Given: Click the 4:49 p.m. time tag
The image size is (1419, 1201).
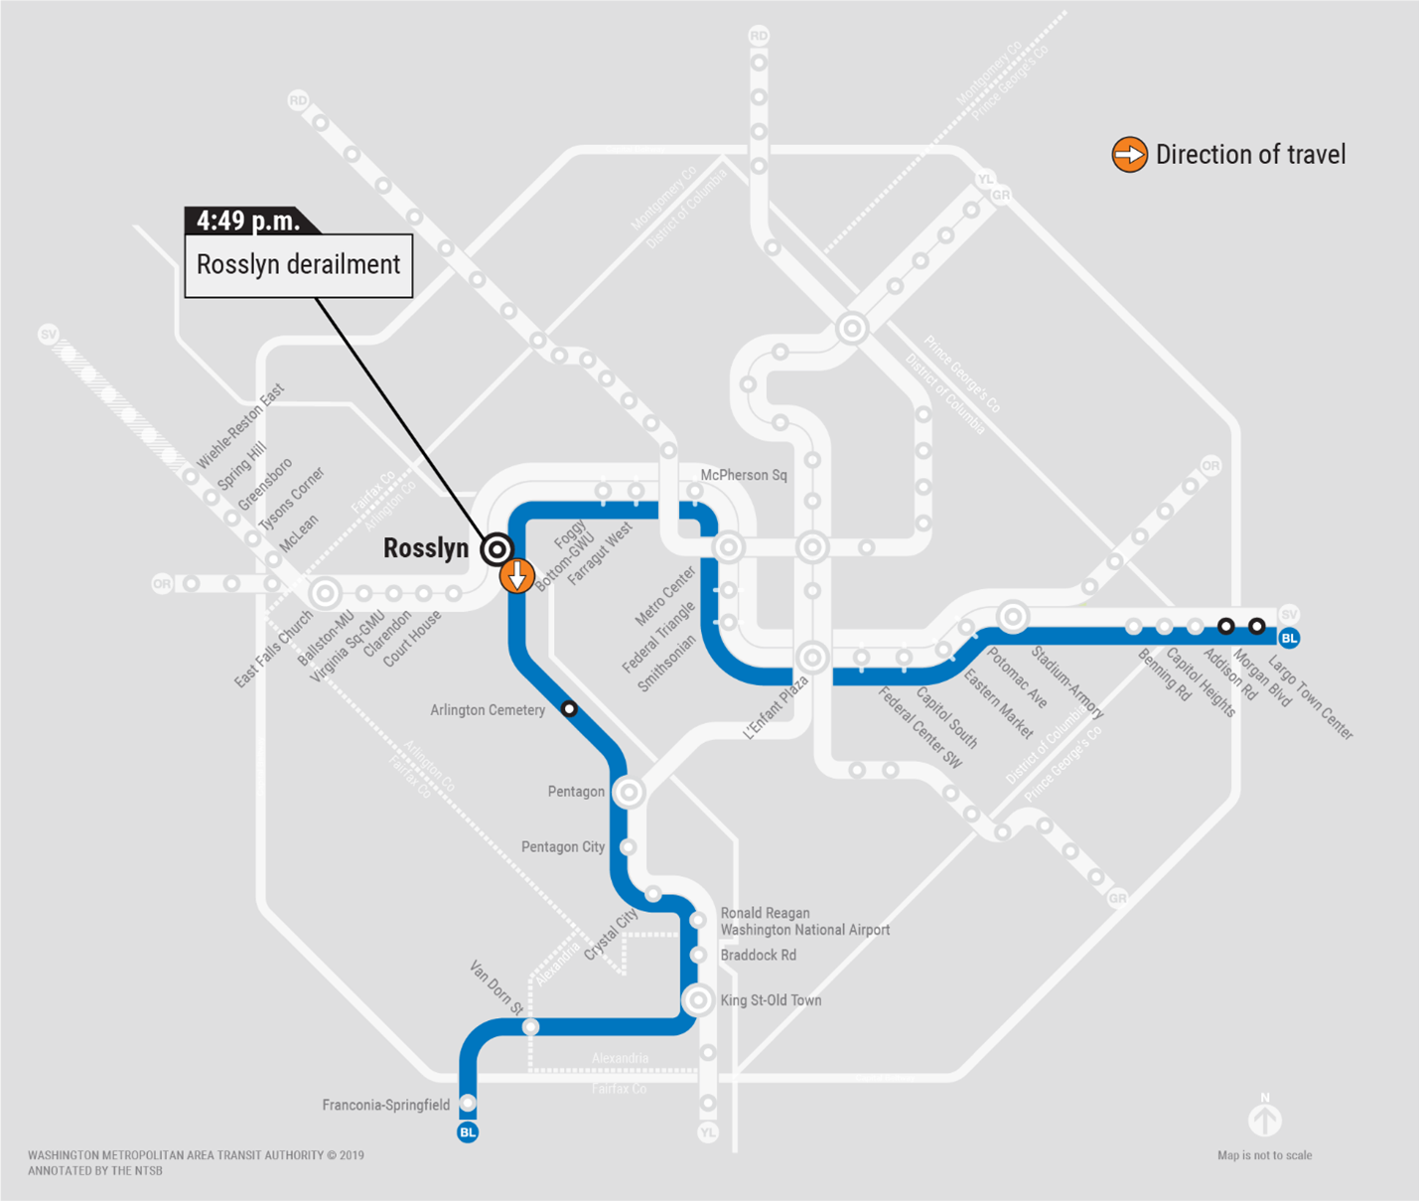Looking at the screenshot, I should [x=248, y=221].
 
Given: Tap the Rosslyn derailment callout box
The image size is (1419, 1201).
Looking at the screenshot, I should [x=298, y=265].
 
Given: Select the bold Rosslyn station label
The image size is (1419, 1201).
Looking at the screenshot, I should [x=425, y=548].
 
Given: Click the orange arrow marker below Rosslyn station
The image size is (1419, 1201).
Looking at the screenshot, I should [x=516, y=575].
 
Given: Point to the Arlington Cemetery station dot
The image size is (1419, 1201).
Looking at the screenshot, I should [x=569, y=708].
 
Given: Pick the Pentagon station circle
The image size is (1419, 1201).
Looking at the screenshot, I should [x=628, y=792].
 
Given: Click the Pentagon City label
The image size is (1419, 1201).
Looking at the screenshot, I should [x=562, y=847].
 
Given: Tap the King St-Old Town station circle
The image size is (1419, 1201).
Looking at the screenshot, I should [x=698, y=999].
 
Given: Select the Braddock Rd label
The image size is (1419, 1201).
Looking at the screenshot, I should [x=758, y=956].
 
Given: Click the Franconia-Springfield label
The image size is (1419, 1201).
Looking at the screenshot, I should [x=385, y=1105].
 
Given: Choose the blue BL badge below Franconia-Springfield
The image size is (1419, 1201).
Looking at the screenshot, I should [x=468, y=1132].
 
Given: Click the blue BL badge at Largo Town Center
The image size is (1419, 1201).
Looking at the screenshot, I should [x=1289, y=638].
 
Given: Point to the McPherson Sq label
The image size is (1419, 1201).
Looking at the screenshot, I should [x=743, y=476].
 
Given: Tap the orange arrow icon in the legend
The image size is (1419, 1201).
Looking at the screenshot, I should [x=1129, y=155].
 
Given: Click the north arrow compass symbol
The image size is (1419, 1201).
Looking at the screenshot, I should [x=1264, y=1118].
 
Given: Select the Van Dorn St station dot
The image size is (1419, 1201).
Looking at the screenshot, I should [x=531, y=1026].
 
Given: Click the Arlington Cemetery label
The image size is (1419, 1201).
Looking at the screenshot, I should [x=487, y=710].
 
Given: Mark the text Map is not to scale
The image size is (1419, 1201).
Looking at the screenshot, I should [x=1264, y=1155].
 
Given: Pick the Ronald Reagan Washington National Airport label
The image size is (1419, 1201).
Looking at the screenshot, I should [x=804, y=922].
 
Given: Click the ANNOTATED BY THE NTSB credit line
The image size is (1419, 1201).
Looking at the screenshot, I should [x=95, y=1171].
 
